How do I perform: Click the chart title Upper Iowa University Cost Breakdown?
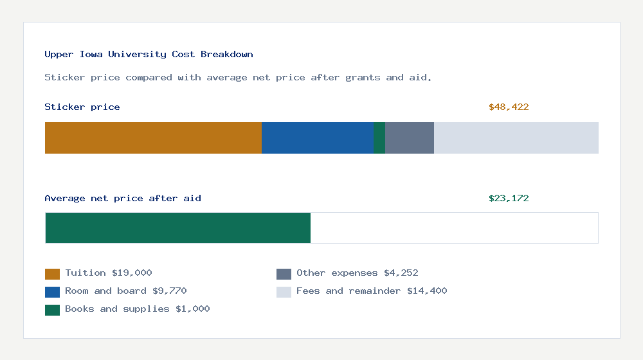(149, 55)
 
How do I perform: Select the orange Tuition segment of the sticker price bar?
(153, 138)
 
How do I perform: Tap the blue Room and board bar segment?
(318, 138)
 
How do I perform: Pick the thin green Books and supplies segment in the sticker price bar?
(379, 138)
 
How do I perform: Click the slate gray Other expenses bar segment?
(410, 138)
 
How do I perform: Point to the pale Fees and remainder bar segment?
(516, 138)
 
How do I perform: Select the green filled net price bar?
(178, 228)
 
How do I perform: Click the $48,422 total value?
(509, 107)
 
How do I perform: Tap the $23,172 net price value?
(509, 199)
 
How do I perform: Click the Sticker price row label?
(82, 107)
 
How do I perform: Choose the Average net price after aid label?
(123, 199)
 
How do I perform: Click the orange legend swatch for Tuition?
(52, 274)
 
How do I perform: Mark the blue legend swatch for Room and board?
(52, 292)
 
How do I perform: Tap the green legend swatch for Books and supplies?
(52, 310)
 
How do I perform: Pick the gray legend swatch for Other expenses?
(284, 274)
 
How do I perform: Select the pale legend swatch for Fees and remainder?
(284, 292)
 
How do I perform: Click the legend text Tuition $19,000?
(109, 273)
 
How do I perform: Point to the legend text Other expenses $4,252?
(357, 273)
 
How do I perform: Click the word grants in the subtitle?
(363, 78)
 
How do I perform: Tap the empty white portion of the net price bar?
(454, 228)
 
